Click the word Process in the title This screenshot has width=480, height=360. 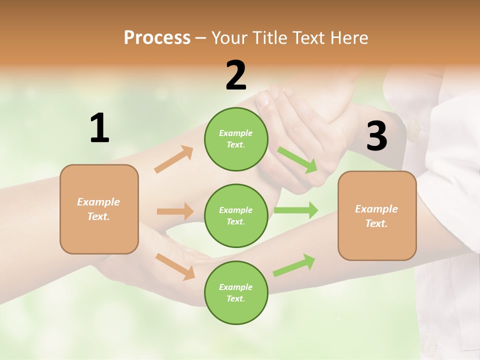coord(157,38)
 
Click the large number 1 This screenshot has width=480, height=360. coord(99,128)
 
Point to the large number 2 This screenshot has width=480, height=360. coord(236,75)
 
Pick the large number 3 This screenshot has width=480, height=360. coord(376,136)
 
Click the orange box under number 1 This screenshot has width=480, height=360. coord(99,209)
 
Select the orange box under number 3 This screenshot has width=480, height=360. coord(377,215)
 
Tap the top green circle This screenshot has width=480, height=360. coord(236,139)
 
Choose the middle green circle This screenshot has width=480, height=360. coord(236,215)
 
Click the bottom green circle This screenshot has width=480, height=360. coord(236,292)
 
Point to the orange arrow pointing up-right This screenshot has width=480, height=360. coord(174,159)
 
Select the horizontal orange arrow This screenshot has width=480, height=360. coord(175,211)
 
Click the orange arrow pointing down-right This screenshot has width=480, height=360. coord(175,266)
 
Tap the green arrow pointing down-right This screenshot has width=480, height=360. coord(297,159)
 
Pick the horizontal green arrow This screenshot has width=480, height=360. coord(296,210)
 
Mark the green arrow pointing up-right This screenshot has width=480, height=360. coord(294,265)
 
